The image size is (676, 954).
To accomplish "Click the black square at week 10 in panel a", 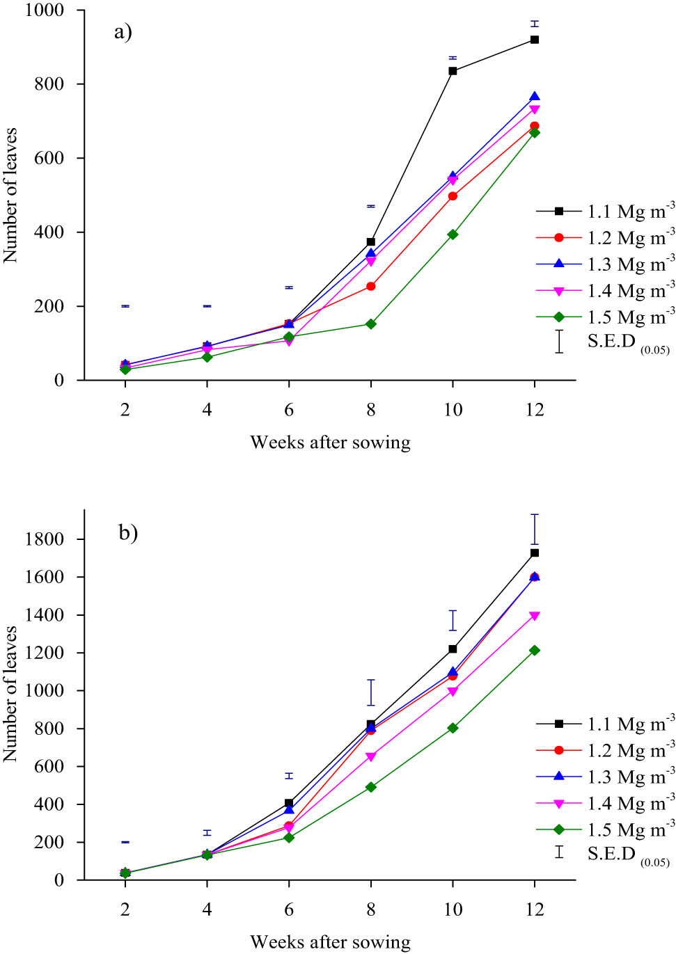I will (453, 71).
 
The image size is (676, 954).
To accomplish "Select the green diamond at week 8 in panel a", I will (370, 324).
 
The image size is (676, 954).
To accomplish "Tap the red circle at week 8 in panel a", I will (370, 286).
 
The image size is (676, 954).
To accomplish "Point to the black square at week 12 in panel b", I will (535, 552).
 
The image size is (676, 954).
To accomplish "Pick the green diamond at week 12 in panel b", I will (535, 650).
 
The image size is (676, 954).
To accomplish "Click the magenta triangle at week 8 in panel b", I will (370, 756).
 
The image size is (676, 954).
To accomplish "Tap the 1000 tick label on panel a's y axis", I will (44, 10).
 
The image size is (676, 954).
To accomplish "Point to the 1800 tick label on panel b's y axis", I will (44, 539).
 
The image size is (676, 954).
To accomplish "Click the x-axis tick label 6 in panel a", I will (289, 410).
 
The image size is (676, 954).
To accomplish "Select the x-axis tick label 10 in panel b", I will (453, 909).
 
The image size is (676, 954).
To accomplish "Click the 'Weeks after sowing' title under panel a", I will (330, 443).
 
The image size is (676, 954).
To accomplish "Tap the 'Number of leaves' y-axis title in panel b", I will (10, 694).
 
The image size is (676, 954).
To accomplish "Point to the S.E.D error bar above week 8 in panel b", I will (370, 692).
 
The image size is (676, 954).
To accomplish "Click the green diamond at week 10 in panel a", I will (453, 234).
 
